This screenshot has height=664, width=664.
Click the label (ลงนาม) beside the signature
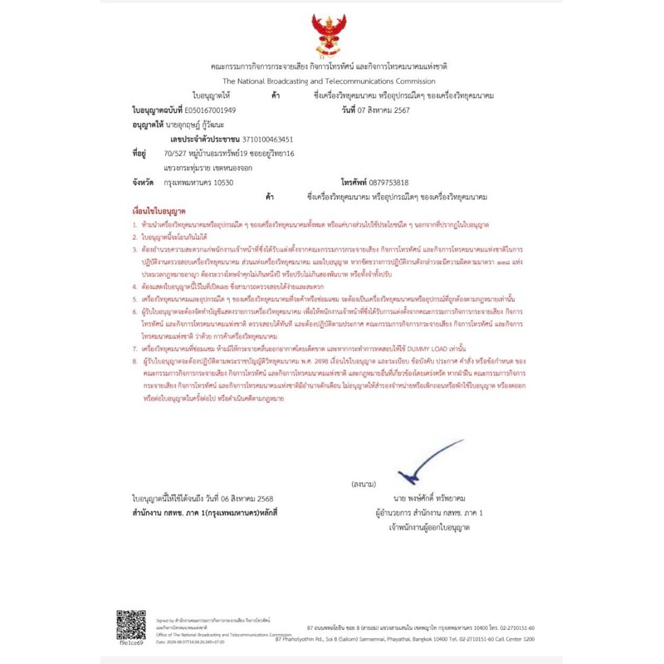[363, 483]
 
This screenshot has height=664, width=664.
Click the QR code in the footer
[130, 624]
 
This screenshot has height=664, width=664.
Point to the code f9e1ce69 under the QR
[130, 642]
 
